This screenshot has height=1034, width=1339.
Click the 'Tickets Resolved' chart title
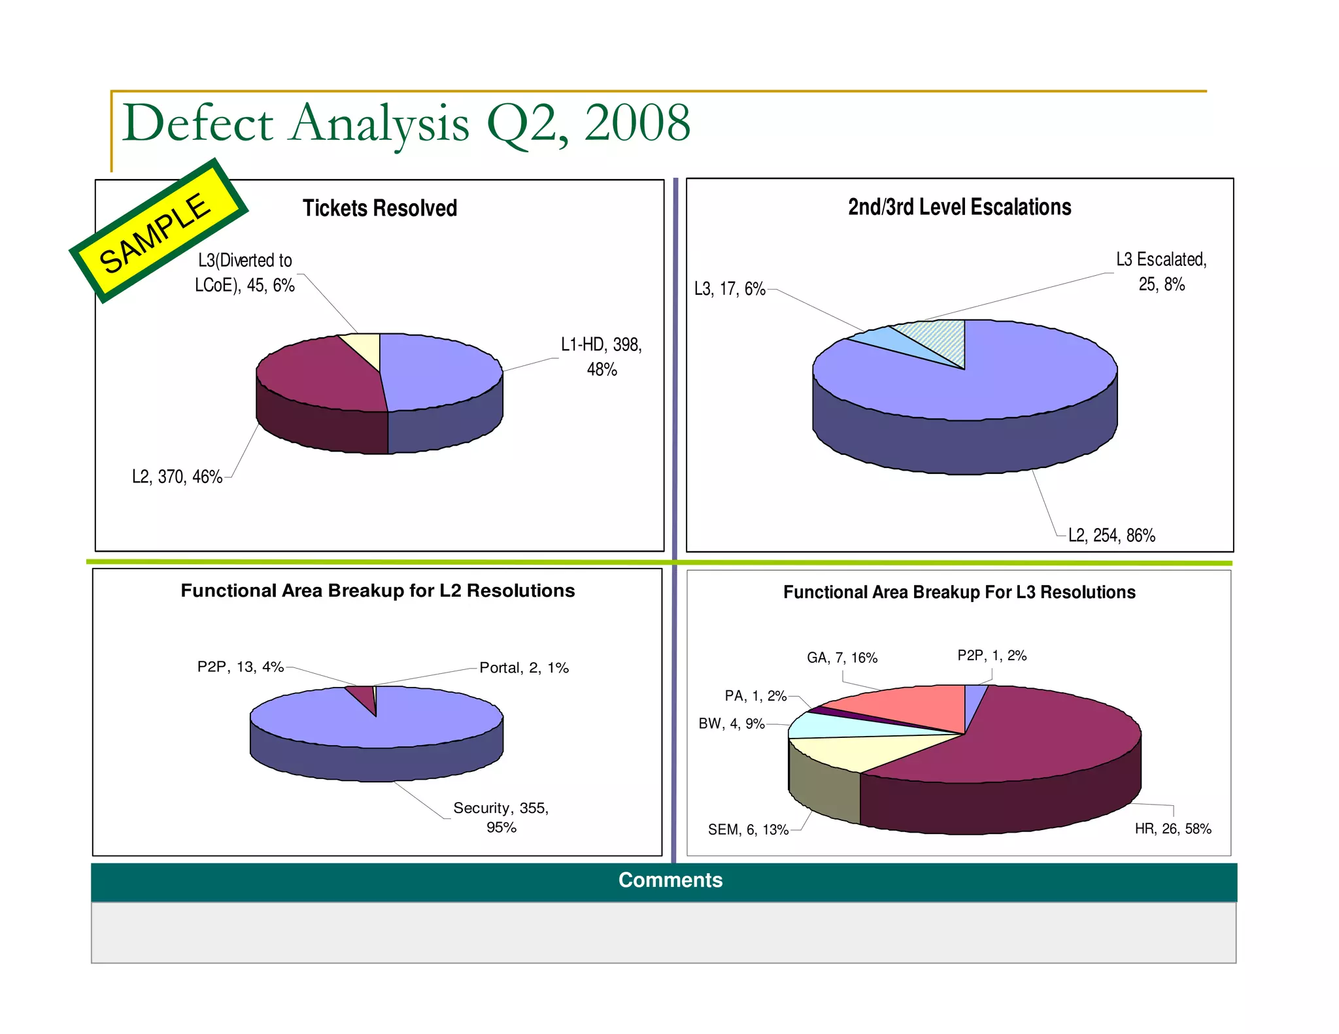pos(379,208)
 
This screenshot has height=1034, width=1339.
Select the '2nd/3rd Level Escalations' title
pos(959,207)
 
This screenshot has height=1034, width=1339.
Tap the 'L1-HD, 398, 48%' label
pos(602,357)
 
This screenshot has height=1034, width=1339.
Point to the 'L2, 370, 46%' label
pos(177,477)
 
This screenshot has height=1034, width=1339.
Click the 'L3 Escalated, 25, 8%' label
pos(1161,272)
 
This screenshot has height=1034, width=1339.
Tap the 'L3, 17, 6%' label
pos(730,289)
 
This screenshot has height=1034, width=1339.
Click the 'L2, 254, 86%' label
pos(1111,536)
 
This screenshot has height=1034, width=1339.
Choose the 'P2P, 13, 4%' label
pos(240,667)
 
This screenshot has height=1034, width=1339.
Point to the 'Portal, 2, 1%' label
pos(524,668)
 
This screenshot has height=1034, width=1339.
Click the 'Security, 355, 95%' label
pos(501,818)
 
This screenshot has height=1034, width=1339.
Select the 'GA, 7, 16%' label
pos(842,658)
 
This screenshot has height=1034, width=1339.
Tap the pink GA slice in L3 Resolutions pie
pos(909,706)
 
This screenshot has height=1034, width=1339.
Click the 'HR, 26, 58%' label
pos(1173,829)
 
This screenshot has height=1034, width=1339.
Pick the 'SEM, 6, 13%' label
pos(748,830)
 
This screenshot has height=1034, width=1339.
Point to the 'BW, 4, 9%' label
pos(731,724)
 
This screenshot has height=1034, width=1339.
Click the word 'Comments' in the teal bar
pos(670,880)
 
